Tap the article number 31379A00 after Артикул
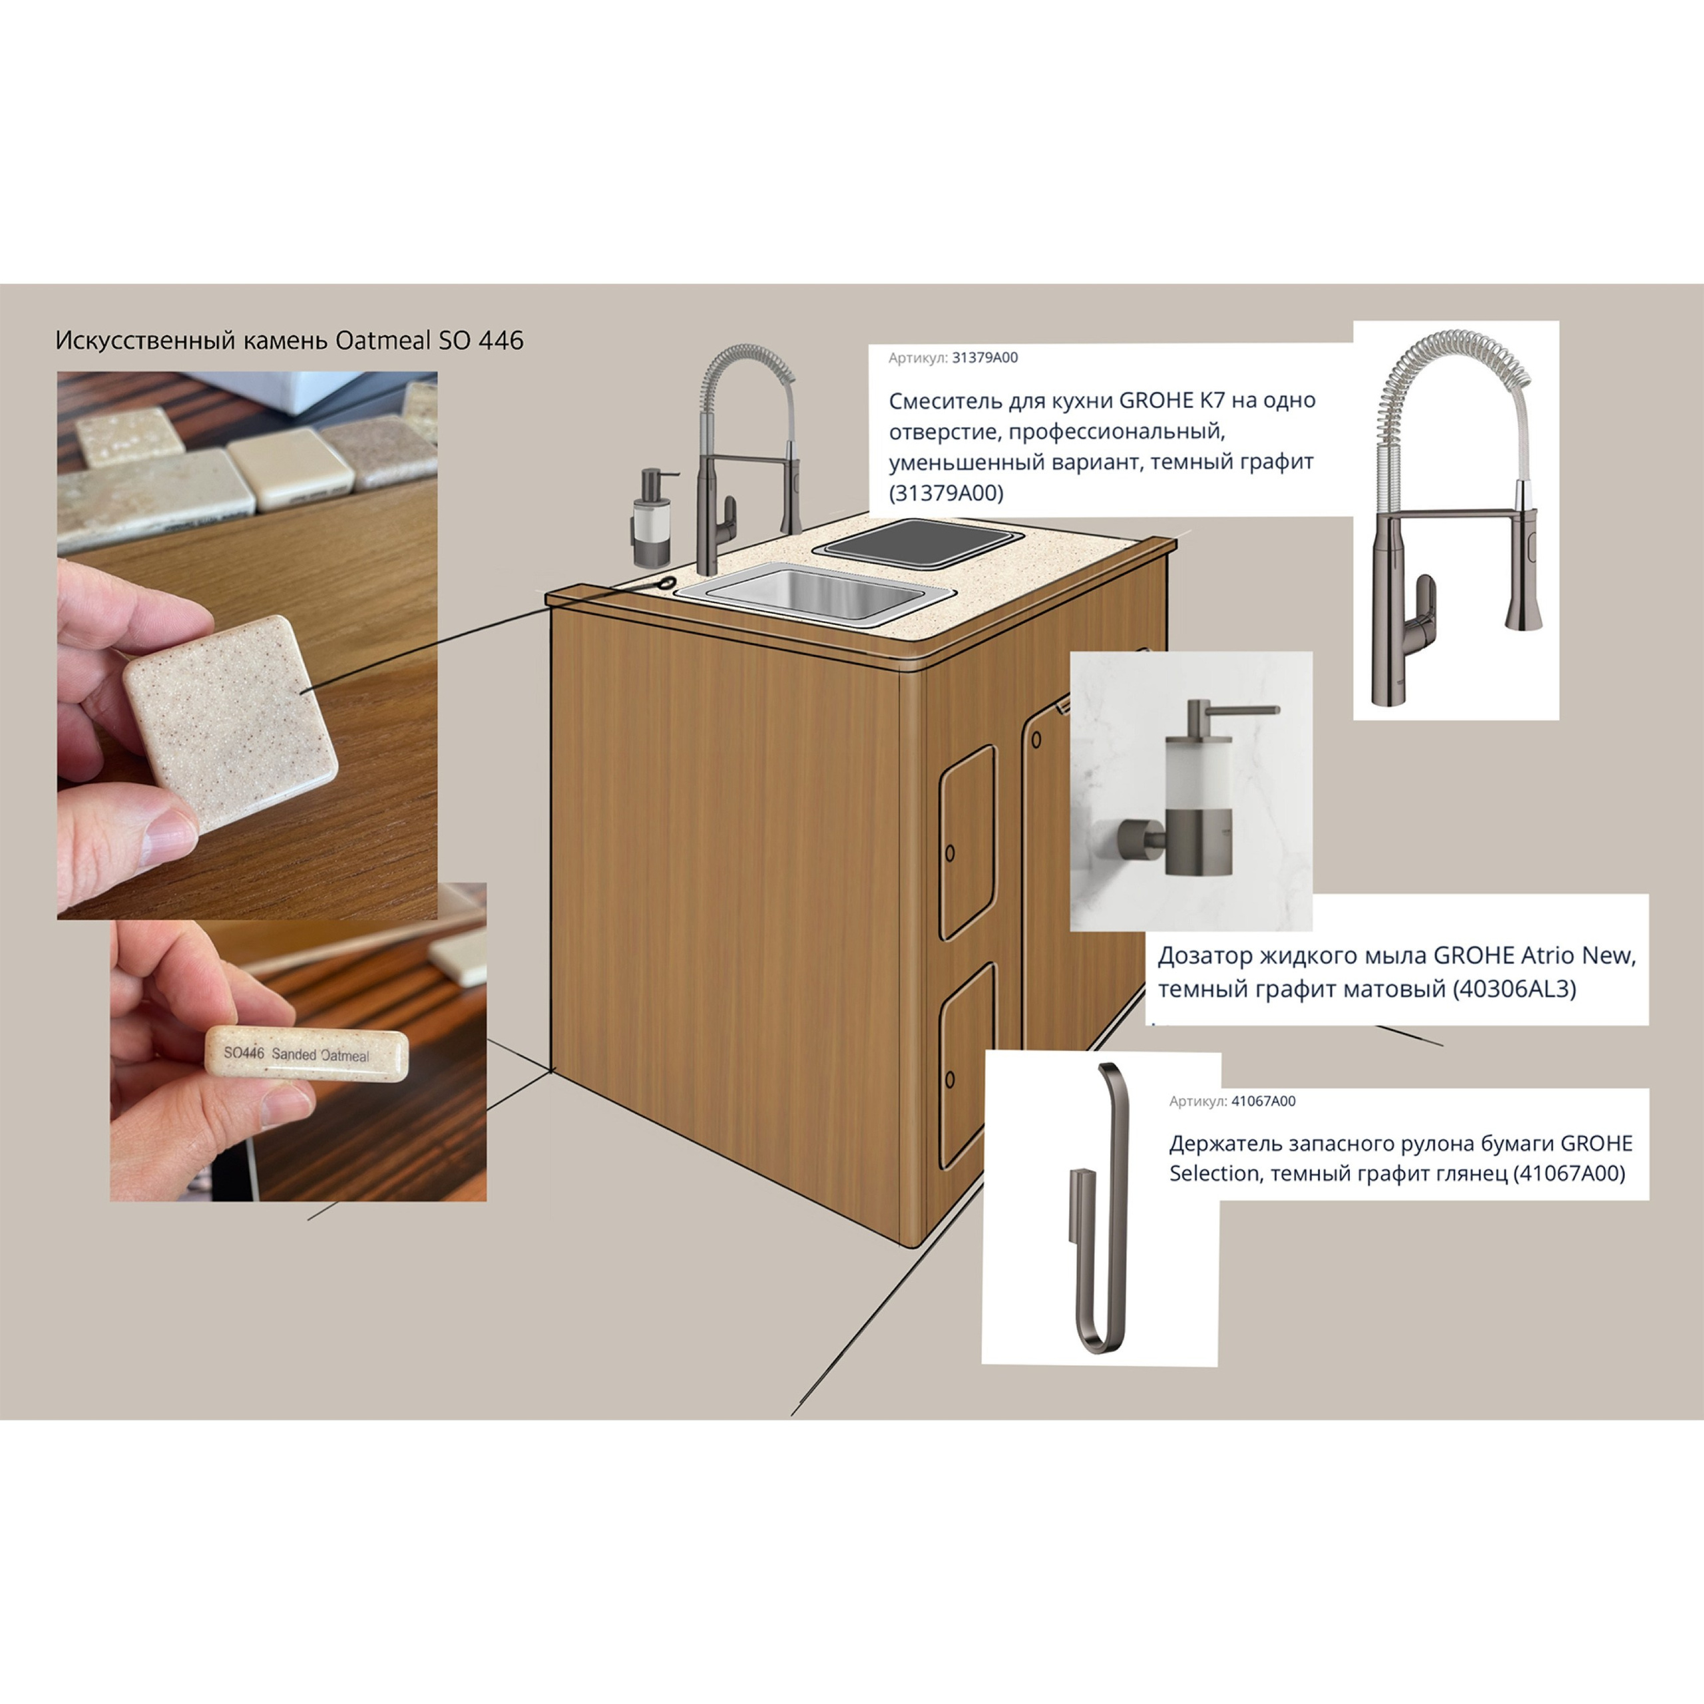pos(984,357)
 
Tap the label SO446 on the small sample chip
pos(244,1053)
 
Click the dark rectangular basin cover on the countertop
pos(918,539)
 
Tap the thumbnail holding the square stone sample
pos(247,645)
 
